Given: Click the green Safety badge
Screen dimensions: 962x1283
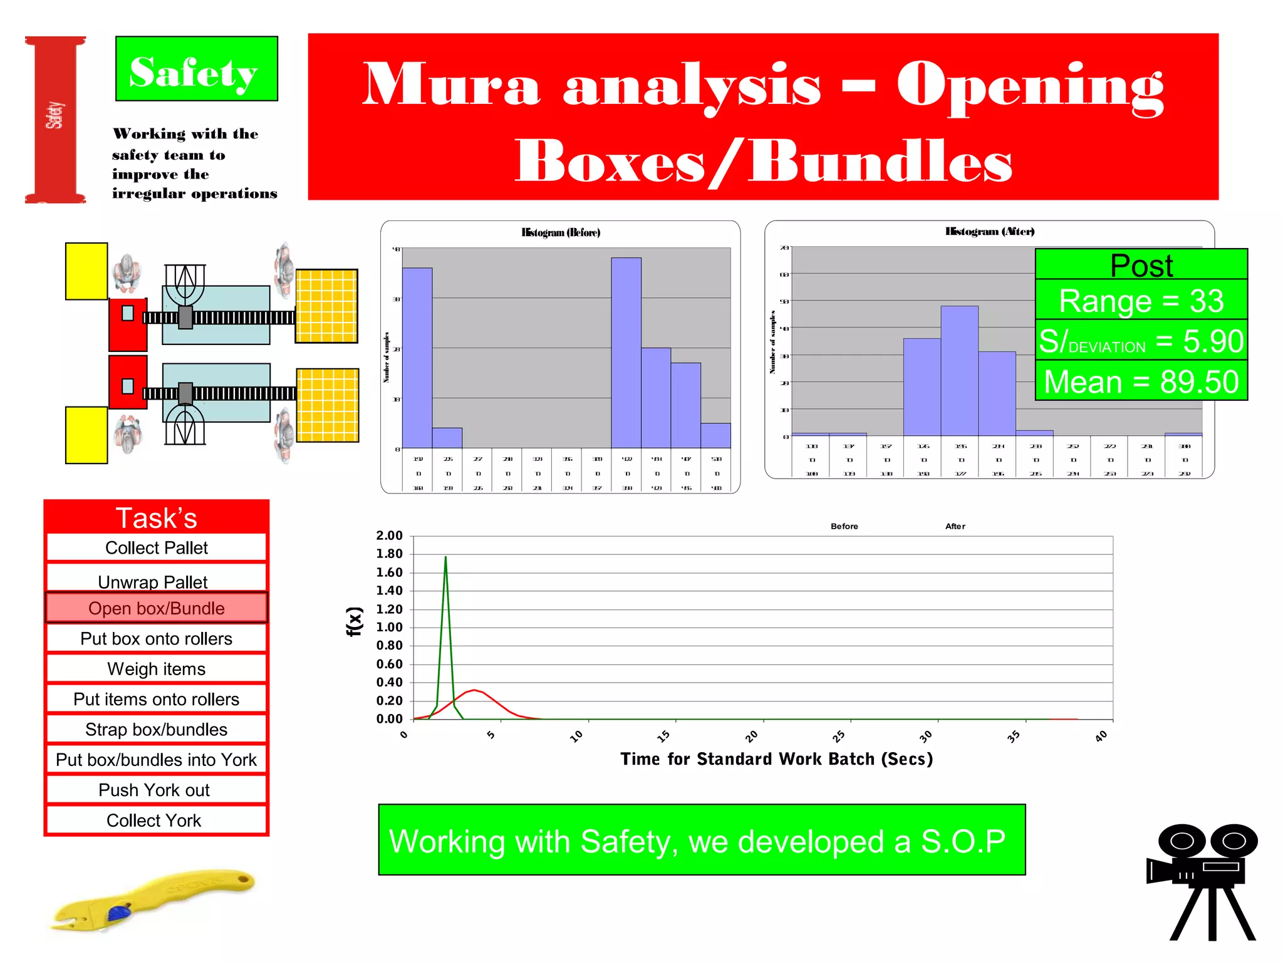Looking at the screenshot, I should [196, 69].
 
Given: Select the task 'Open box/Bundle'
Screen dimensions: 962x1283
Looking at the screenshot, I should [157, 608].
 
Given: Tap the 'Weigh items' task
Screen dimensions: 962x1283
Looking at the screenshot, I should [157, 669].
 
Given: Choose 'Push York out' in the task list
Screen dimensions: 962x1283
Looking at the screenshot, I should [154, 790].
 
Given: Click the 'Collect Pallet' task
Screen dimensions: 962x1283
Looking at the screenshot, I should [157, 548].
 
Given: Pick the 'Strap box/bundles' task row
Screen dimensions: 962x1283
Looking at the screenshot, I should [157, 730].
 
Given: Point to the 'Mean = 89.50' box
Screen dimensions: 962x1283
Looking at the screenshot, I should [1141, 381].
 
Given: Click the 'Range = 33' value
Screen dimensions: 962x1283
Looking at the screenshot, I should [1141, 301].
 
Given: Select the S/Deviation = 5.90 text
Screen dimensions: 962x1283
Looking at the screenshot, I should [1141, 341].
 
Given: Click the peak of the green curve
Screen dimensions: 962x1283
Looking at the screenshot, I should [445, 557].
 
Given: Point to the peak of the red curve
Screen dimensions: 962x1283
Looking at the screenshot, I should [475, 690].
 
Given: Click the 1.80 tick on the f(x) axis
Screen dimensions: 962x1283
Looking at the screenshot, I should [389, 554].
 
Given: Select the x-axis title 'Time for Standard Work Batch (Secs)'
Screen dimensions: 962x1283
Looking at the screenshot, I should [776, 759].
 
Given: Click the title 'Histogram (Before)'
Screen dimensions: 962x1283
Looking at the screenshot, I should [561, 232].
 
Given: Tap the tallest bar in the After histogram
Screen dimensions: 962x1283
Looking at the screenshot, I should [959, 370].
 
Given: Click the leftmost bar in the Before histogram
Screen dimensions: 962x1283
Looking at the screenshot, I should [417, 358].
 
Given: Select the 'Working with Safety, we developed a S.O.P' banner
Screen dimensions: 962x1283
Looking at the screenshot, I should [702, 840].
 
